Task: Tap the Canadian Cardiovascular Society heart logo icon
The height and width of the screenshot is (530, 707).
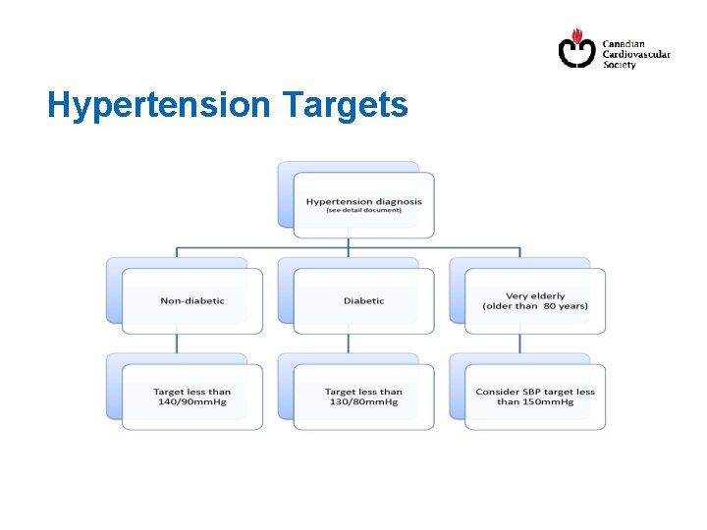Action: (576, 48)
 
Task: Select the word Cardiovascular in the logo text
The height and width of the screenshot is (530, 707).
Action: (635, 55)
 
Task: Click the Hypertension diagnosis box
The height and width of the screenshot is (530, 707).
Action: (363, 205)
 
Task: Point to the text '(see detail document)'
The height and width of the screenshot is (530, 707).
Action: (363, 211)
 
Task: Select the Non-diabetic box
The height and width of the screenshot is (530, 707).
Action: (191, 300)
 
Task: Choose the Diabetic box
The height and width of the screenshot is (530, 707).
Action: (363, 300)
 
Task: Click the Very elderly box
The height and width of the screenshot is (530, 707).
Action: (535, 300)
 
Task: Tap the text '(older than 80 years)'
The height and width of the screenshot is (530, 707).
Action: (535, 306)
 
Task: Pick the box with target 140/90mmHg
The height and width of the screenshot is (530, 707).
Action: (191, 397)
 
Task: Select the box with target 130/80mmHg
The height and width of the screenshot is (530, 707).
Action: (363, 397)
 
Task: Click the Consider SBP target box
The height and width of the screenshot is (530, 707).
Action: (535, 397)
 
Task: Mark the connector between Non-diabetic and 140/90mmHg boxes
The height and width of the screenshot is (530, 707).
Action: (177, 343)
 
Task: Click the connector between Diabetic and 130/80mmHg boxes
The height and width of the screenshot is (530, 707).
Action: (349, 343)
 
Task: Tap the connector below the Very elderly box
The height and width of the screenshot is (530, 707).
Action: (520, 343)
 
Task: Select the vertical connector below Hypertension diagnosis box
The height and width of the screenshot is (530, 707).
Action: (349, 244)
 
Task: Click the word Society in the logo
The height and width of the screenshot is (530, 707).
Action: (619, 66)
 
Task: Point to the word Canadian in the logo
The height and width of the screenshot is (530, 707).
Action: (624, 44)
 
